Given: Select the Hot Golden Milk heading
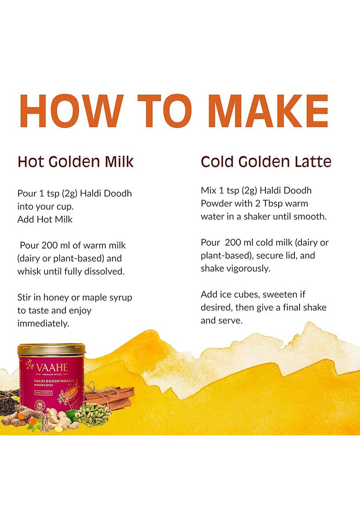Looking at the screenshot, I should [75, 162].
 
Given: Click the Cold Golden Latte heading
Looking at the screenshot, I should [266, 162].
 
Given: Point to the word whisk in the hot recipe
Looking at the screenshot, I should [30, 271].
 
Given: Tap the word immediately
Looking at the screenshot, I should [43, 323].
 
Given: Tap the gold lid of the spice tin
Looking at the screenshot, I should [51, 349].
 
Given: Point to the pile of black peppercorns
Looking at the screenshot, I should [16, 402].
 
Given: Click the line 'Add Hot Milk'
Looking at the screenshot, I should [45, 220].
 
